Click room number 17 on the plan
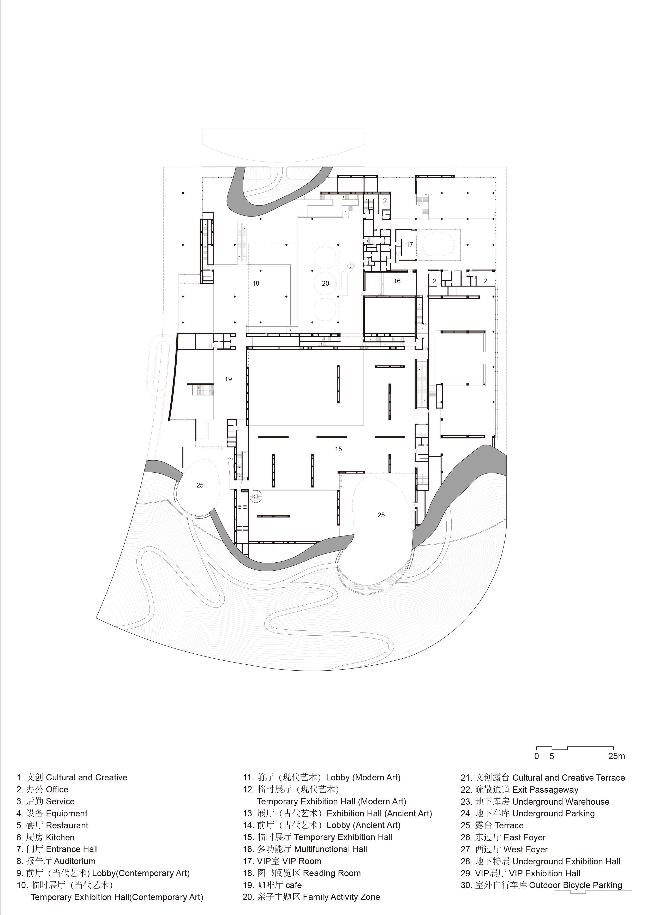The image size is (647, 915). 409,244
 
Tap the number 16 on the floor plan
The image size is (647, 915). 397,281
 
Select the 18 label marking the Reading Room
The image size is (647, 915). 255,283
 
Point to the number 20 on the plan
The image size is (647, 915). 325,283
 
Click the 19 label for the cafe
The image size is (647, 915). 228,379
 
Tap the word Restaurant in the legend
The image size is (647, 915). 67,825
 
